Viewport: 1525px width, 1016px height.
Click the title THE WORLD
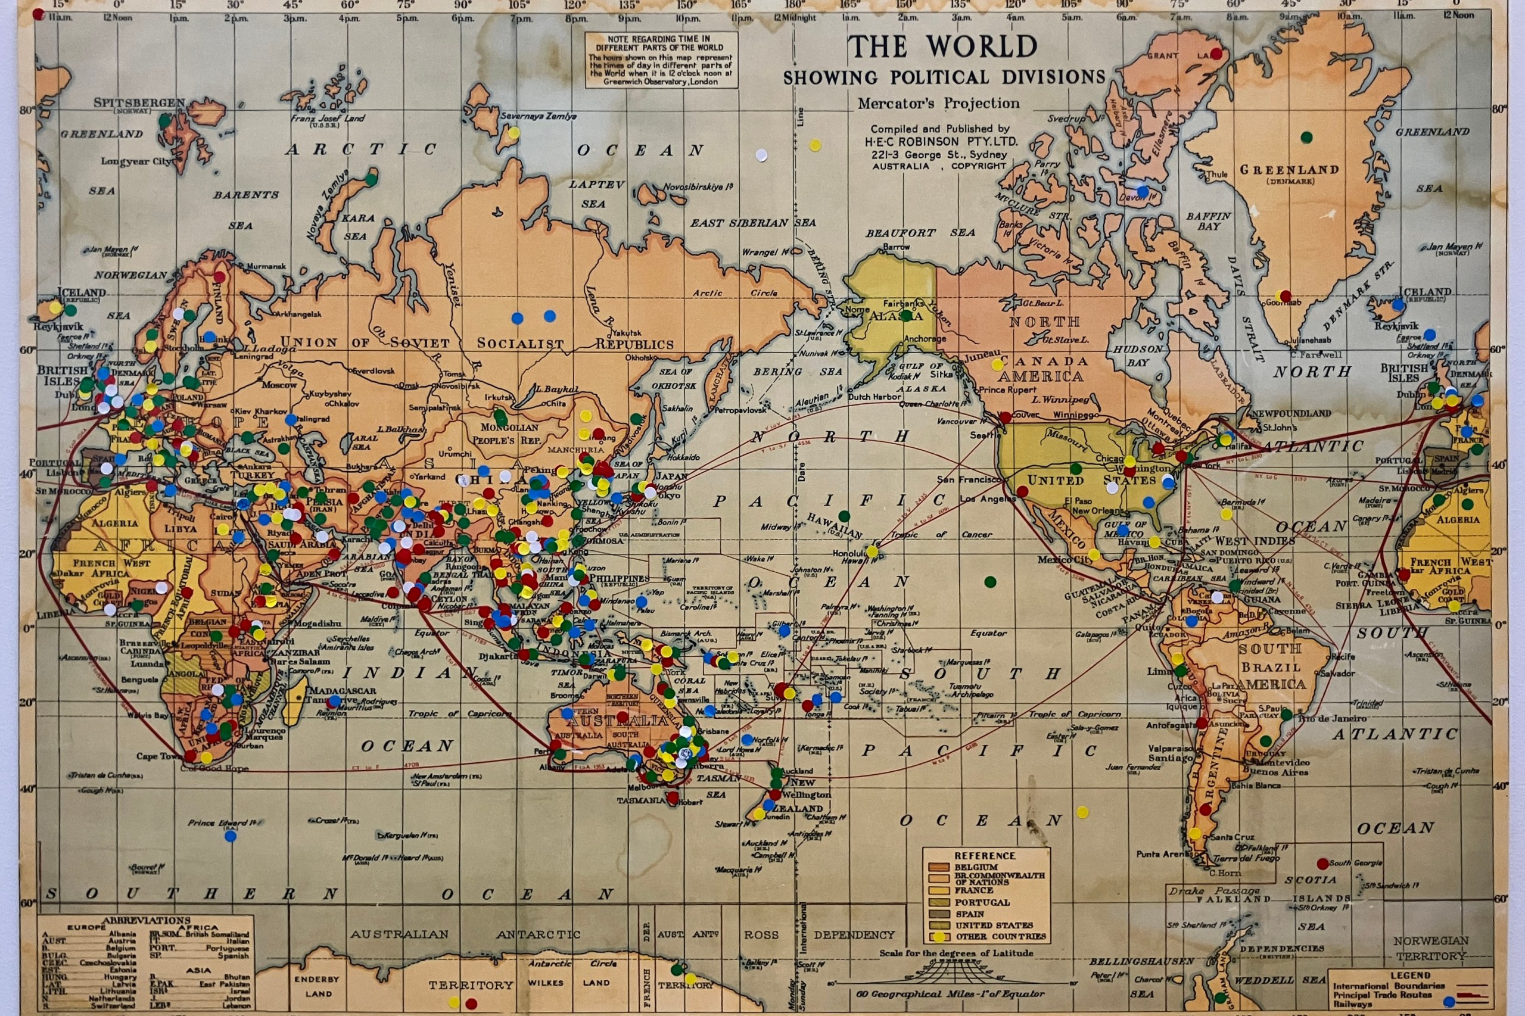point(943,46)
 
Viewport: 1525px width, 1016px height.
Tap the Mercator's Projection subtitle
point(938,104)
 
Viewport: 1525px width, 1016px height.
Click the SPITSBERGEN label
point(139,103)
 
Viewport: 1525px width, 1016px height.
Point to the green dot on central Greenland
point(1306,138)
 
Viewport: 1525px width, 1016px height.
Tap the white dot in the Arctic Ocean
point(761,155)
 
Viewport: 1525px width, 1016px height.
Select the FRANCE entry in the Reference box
point(973,890)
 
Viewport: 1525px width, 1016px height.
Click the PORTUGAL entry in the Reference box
point(982,902)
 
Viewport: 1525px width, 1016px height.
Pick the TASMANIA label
point(642,800)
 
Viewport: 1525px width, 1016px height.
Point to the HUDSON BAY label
point(1138,356)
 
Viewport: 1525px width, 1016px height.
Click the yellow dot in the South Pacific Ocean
point(1082,811)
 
